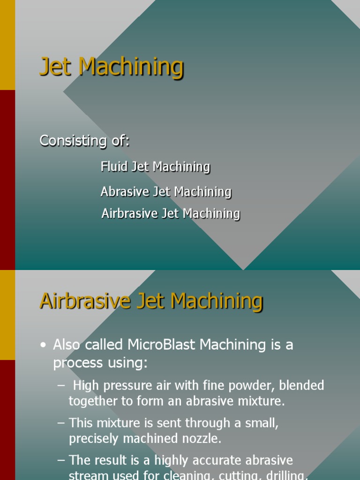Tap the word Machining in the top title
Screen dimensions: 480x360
pos(131,67)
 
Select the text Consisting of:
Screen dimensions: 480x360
pos(84,141)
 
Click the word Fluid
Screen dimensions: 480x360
pos(114,166)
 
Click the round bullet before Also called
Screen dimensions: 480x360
pos(44,345)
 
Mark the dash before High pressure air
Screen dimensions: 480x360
pos(61,386)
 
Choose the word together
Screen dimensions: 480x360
pos(92,401)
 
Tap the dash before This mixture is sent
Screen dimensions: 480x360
pos(61,423)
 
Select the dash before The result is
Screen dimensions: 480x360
pos(61,460)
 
